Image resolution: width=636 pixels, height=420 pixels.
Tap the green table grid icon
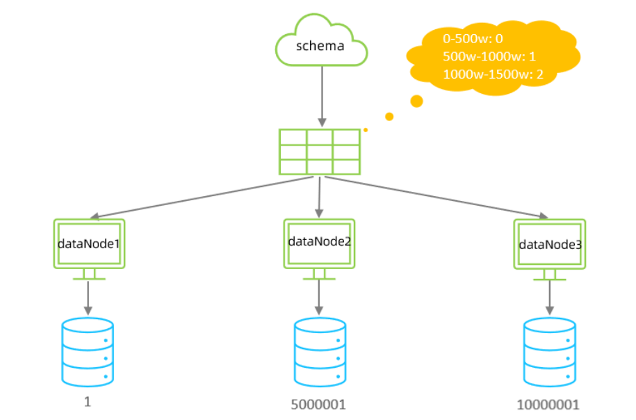[319, 152]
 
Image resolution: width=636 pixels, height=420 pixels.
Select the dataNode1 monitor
[89, 244]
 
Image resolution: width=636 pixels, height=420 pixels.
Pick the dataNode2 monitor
[318, 244]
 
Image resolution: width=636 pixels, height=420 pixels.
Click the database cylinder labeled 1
[88, 351]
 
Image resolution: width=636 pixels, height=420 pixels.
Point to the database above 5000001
[319, 353]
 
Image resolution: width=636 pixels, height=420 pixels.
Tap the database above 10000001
[549, 353]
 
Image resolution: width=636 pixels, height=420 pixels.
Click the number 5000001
[319, 403]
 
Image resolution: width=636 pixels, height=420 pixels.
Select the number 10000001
[548, 404]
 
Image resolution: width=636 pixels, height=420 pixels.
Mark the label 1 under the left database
[88, 402]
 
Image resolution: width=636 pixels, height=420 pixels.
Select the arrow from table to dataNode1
[202, 197]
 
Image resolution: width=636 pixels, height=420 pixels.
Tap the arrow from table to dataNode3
[434, 197]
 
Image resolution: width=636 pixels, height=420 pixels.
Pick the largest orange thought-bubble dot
[417, 102]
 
